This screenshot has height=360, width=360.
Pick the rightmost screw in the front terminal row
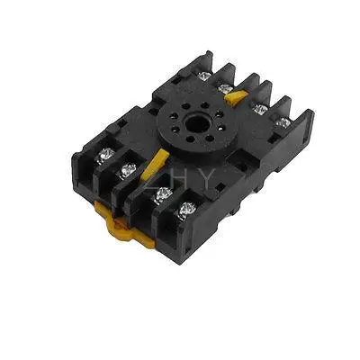[x=188, y=211]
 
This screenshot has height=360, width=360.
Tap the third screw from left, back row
[x=261, y=109]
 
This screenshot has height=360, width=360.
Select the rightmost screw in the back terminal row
[x=283, y=123]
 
